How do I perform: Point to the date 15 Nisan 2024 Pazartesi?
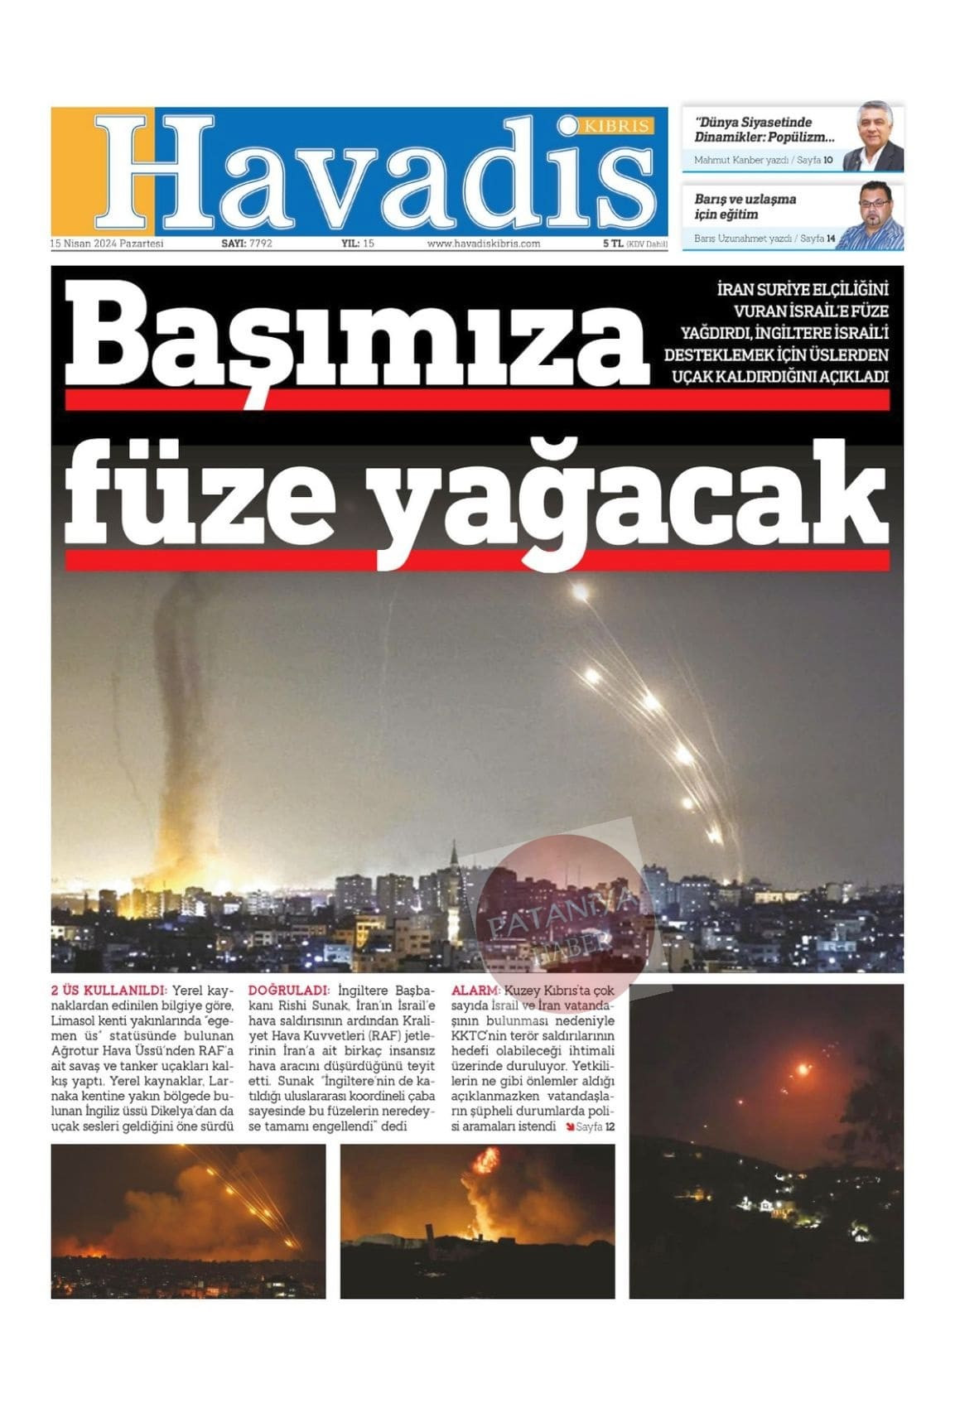tap(108, 244)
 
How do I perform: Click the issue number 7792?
tap(260, 244)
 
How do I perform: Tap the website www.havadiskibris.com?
tap(483, 244)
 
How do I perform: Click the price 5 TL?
tap(613, 244)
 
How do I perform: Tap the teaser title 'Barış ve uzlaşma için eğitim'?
tap(745, 206)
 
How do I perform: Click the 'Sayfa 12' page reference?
tap(595, 1127)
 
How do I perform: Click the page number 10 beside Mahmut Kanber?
tap(827, 160)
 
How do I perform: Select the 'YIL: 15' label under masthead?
tap(358, 244)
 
